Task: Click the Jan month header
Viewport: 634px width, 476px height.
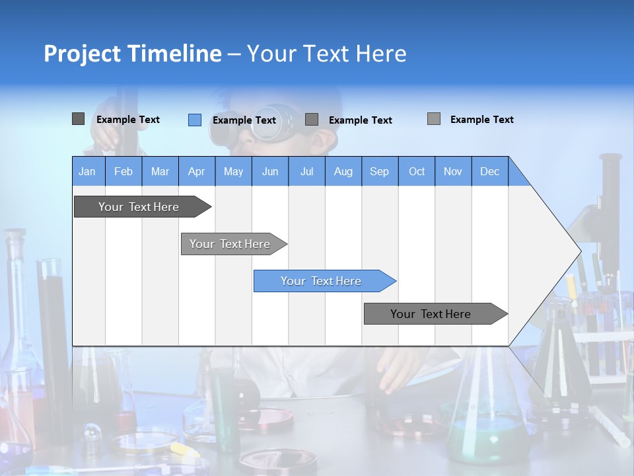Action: coord(88,171)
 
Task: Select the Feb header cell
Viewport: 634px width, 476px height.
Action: coord(123,171)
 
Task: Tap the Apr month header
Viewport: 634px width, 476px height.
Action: coord(197,171)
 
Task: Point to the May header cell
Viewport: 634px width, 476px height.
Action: coord(233,171)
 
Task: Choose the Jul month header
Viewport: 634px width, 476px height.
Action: coord(306,171)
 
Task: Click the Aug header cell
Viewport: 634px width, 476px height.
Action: coord(343,171)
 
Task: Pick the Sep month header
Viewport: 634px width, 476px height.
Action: coord(380,171)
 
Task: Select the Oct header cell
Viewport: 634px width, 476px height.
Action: coord(417,171)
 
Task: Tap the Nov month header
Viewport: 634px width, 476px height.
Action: coord(453,171)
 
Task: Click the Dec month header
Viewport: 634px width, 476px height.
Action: coord(490,171)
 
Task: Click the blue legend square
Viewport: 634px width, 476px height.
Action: coord(195,120)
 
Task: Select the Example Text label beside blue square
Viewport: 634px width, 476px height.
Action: coord(244,120)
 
